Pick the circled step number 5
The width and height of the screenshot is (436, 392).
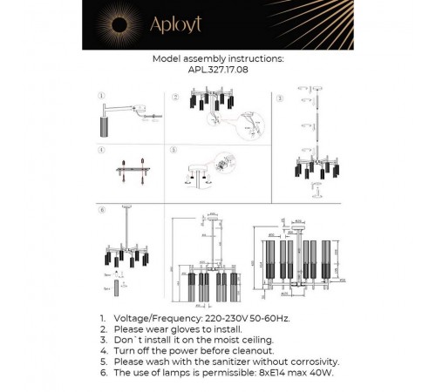(174, 149)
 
